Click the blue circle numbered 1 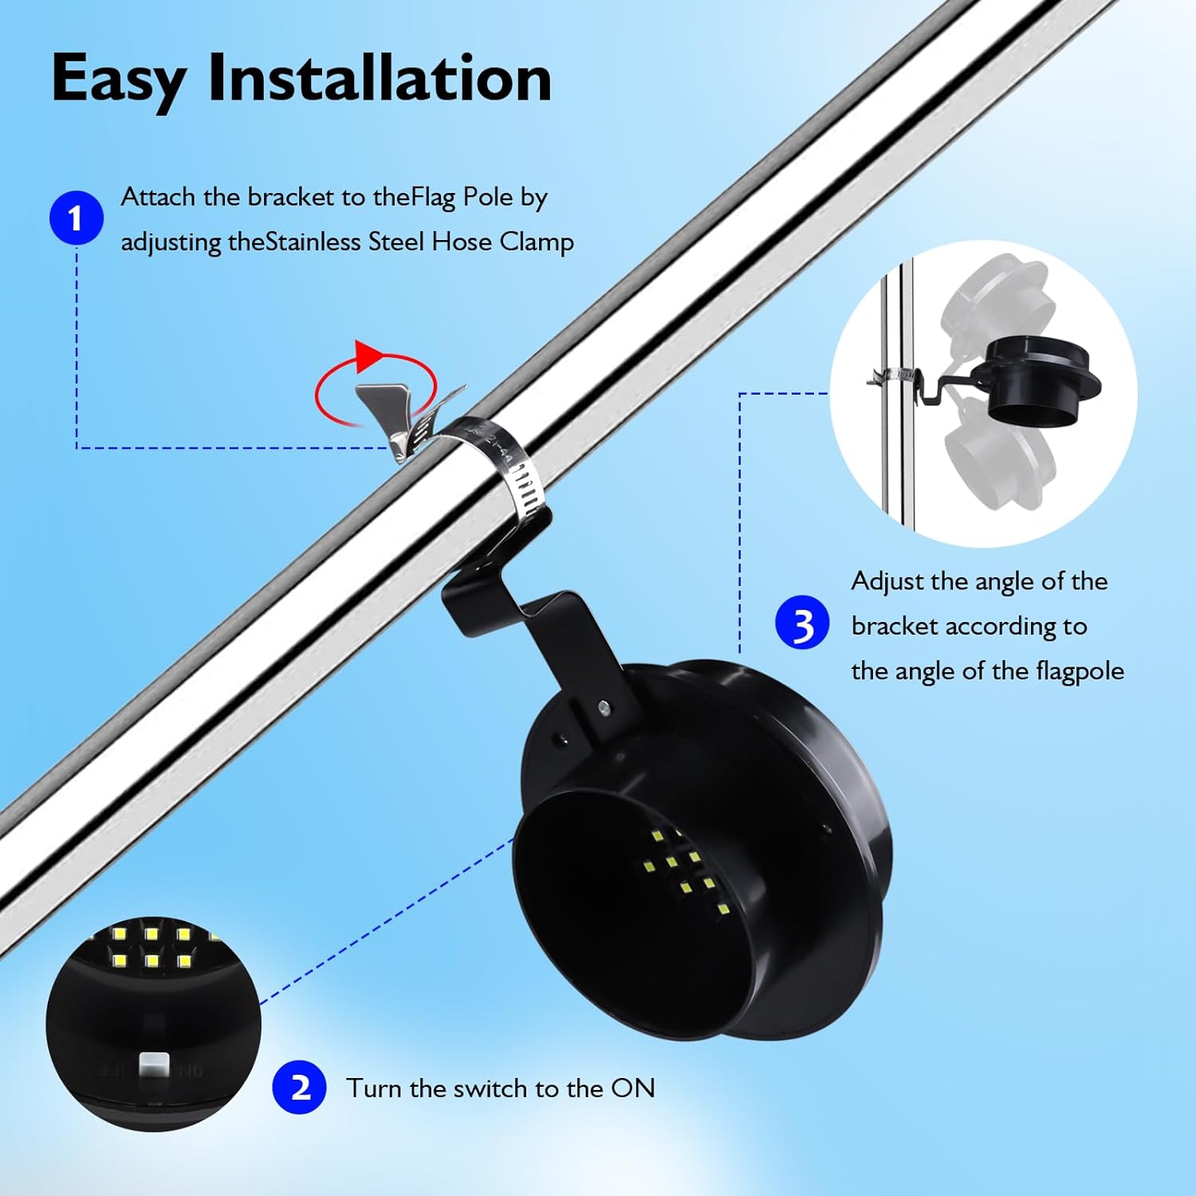click(x=76, y=218)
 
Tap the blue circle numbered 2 click(x=299, y=1087)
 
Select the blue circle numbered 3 click(x=802, y=623)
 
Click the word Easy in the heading click(x=118, y=80)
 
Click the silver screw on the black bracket click(x=604, y=706)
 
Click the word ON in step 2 click(x=632, y=1088)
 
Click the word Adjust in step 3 click(x=887, y=581)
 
